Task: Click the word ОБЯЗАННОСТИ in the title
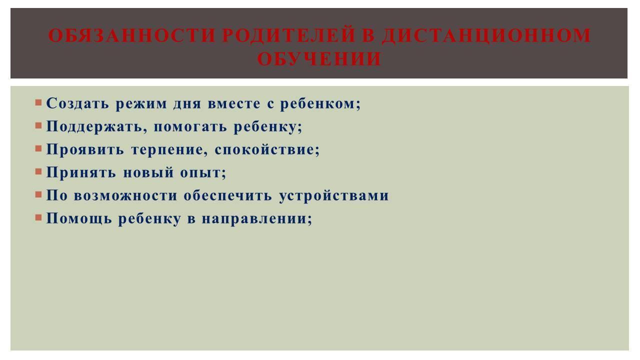coord(131,35)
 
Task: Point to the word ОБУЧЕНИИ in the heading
coord(319,59)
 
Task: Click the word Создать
coord(77,103)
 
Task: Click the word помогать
coord(190,127)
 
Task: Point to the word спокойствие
coord(267,149)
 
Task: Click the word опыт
coord(203,173)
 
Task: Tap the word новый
coord(148,172)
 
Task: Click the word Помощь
coord(79,219)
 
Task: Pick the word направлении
coord(257,219)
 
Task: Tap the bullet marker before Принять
coord(38,171)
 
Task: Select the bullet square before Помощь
coord(38,217)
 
